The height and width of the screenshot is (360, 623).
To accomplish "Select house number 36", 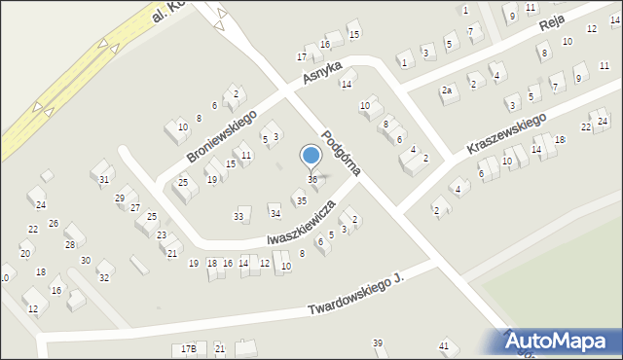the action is (312, 180).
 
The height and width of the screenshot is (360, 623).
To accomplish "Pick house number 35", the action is (302, 200).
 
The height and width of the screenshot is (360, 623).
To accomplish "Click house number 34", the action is (275, 213).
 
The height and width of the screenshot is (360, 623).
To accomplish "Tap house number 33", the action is (238, 216).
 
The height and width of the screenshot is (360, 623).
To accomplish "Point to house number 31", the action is (103, 179).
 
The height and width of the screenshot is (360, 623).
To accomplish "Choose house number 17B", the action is (189, 348).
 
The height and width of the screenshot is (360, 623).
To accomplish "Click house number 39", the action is (378, 343).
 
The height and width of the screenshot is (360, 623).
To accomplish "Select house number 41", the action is (444, 346).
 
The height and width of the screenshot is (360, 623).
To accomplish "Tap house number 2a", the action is (447, 90).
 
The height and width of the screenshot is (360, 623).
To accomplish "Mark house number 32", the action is (104, 278).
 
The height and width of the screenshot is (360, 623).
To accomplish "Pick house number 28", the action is (70, 245).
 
